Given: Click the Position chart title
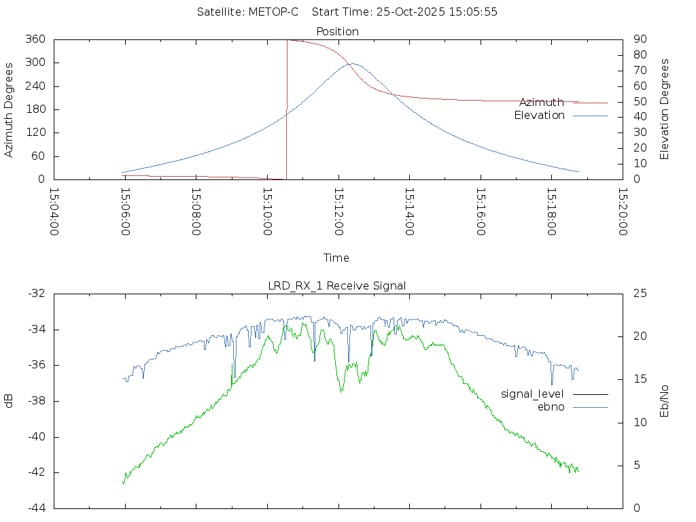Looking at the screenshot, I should (x=338, y=31).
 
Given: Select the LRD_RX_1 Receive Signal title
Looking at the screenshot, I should (x=337, y=285).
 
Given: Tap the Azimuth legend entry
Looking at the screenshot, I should (x=542, y=103).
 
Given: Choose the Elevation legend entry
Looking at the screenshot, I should (x=539, y=116).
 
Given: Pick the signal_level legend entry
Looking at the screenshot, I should (x=532, y=394).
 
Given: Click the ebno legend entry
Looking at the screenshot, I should (x=551, y=406).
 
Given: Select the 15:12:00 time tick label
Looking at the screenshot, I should (x=338, y=212).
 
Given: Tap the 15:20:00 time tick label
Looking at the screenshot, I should (x=622, y=212).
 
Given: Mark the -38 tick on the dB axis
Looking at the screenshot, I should (x=36, y=401).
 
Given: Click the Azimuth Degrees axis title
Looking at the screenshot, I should (x=10, y=109).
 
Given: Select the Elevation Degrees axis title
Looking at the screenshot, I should (x=665, y=109).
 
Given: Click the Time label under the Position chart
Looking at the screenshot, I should (x=336, y=258).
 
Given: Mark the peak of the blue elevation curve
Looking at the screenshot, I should (x=353, y=64).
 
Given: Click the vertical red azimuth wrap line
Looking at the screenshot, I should (x=287, y=109).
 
